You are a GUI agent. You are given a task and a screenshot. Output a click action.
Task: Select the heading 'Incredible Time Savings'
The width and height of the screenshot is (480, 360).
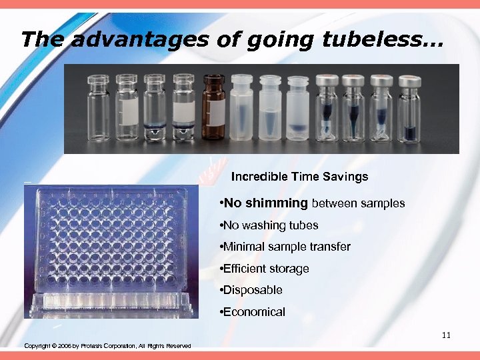[x=299, y=177]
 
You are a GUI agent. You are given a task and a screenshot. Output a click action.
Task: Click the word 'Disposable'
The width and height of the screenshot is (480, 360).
[x=253, y=290]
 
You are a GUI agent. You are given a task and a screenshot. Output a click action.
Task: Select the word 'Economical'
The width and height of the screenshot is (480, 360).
[x=255, y=311]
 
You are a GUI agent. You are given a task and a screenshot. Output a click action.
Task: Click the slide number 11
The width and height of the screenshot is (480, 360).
[x=446, y=335]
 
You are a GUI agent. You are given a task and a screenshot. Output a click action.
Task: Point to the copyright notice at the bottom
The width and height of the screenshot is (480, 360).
[x=107, y=346]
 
